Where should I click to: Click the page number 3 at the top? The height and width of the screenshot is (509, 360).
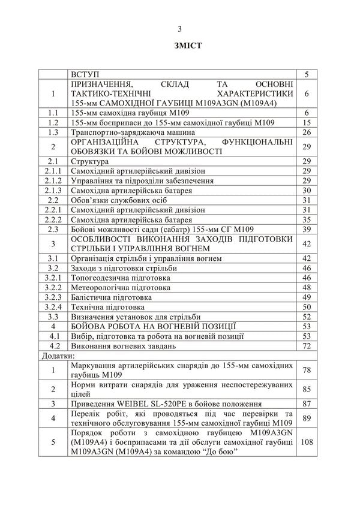tap(180, 28)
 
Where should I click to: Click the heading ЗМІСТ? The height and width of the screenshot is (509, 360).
tap(180, 46)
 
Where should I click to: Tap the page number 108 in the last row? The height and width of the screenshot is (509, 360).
tap(307, 443)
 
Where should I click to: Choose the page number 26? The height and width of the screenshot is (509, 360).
tap(307, 132)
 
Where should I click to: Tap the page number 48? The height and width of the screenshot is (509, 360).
tap(307, 288)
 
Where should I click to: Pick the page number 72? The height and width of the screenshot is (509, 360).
tap(307, 346)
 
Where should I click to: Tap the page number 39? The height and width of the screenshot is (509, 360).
tap(307, 229)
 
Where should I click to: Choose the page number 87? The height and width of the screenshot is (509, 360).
tap(307, 403)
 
